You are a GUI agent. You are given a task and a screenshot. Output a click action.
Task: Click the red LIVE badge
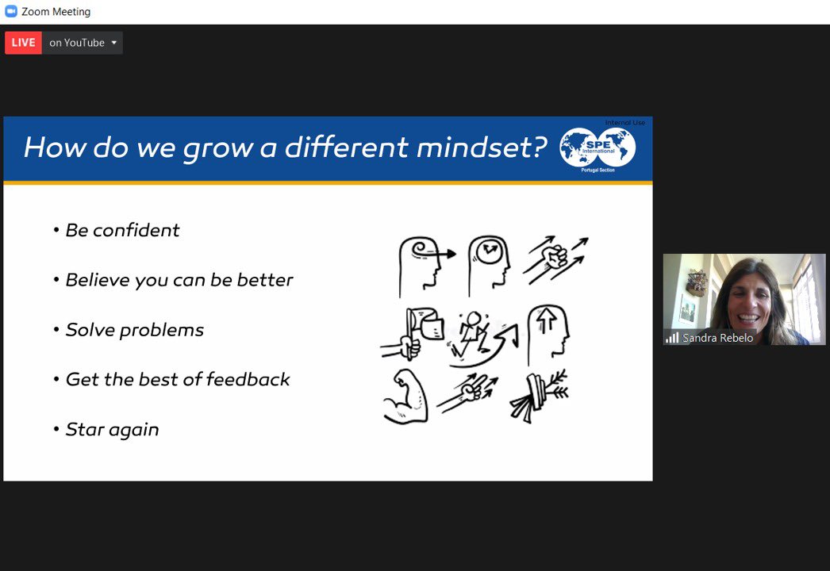click(x=23, y=43)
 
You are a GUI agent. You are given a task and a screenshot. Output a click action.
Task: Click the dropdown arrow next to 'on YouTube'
click(x=113, y=43)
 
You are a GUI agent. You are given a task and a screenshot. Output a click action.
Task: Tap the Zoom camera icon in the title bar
click(x=11, y=12)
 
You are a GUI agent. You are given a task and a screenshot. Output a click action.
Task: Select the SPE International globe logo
click(x=598, y=148)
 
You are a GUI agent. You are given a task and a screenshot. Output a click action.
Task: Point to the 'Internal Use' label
click(x=625, y=123)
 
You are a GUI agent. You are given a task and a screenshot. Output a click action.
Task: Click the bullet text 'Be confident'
click(x=122, y=230)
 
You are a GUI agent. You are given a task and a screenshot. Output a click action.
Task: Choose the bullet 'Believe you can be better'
click(x=179, y=280)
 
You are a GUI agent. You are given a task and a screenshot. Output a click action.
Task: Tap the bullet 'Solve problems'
click(x=134, y=330)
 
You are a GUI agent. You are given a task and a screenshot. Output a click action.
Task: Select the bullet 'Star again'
click(x=112, y=429)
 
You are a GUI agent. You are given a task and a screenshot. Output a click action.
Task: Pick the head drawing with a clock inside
click(x=489, y=263)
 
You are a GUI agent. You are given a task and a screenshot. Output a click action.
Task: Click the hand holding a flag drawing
click(x=415, y=335)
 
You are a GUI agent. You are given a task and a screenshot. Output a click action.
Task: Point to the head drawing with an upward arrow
click(x=550, y=334)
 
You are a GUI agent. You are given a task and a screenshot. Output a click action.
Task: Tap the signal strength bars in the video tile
click(x=672, y=338)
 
